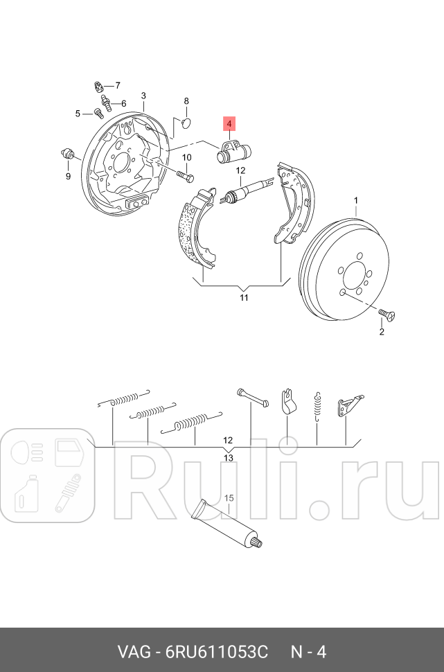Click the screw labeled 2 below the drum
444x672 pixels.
388,316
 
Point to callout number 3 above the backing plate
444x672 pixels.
143,96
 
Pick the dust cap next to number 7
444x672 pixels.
99,87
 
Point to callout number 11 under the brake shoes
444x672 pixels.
243,298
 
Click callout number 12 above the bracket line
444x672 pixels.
228,440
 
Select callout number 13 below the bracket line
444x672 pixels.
228,458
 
